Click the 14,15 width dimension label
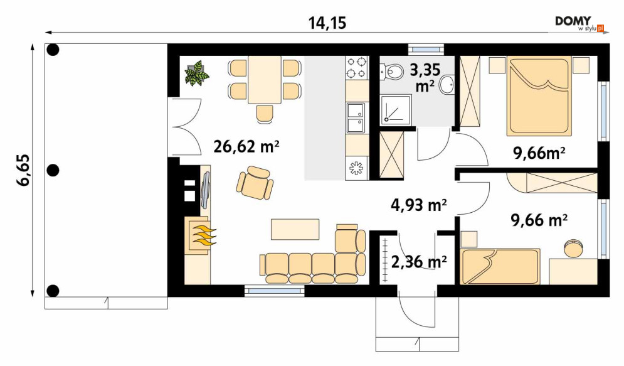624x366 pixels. click(x=327, y=23)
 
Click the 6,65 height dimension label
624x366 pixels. click(x=23, y=170)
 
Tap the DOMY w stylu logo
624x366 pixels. click(x=580, y=23)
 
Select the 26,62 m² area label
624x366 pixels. click(x=246, y=146)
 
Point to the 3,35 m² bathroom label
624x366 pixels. click(x=425, y=78)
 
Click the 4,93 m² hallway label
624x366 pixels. click(x=419, y=205)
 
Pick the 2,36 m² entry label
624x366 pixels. click(x=419, y=262)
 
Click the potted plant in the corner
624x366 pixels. click(x=196, y=73)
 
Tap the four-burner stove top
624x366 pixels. click(x=356, y=68)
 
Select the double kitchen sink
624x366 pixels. click(x=356, y=118)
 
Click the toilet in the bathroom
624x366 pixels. click(x=391, y=72)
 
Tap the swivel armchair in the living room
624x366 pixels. click(x=255, y=183)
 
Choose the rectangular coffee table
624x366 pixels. click(x=295, y=229)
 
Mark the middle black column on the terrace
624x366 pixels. click(x=53, y=171)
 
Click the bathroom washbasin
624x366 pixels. click(x=447, y=85)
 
